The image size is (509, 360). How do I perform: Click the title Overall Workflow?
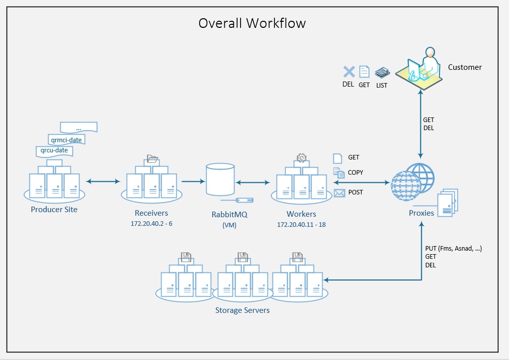(x=252, y=23)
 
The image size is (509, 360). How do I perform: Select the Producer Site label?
(x=54, y=209)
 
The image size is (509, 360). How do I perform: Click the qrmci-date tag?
(x=66, y=139)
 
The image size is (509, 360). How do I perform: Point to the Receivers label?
(x=151, y=213)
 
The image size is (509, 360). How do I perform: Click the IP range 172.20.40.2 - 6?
(x=151, y=223)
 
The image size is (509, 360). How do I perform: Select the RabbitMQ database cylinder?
(x=220, y=180)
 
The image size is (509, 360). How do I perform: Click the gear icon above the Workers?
(x=301, y=158)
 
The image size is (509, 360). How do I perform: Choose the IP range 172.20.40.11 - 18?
(x=301, y=224)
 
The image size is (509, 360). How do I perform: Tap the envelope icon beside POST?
(x=339, y=192)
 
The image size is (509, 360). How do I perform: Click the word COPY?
(x=356, y=173)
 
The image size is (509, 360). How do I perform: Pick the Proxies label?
(x=421, y=213)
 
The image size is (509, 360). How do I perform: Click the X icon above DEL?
(x=348, y=72)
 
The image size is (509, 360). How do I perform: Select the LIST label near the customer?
(x=381, y=86)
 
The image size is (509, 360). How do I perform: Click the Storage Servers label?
(x=243, y=310)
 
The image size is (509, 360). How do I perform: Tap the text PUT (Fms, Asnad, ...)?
(x=454, y=248)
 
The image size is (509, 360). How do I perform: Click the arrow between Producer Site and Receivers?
(x=103, y=181)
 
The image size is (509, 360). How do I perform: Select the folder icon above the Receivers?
(x=151, y=159)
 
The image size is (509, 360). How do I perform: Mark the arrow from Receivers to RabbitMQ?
(x=192, y=181)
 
